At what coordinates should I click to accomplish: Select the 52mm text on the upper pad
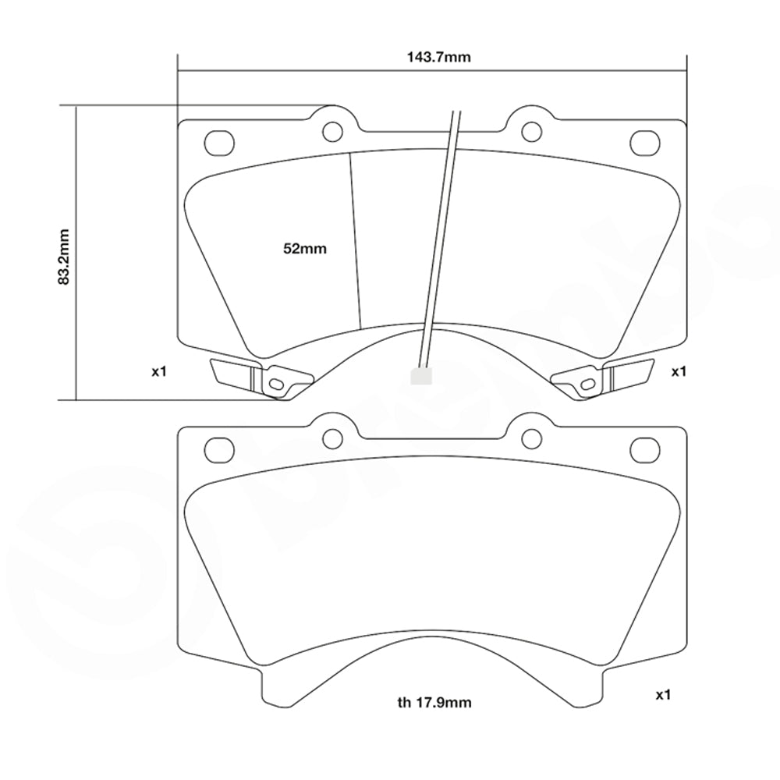(304, 249)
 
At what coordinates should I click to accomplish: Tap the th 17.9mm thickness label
(434, 703)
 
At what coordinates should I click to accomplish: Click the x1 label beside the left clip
(159, 372)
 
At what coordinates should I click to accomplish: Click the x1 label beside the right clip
(679, 372)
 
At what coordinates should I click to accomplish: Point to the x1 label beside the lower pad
(663, 694)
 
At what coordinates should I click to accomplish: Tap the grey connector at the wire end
(420, 376)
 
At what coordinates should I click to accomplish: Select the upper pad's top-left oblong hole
(219, 142)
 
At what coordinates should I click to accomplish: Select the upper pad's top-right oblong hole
(645, 142)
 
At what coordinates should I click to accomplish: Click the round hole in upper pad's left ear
(333, 130)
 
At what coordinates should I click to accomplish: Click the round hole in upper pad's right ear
(531, 130)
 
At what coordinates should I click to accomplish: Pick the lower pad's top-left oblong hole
(219, 449)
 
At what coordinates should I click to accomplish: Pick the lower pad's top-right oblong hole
(645, 449)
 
